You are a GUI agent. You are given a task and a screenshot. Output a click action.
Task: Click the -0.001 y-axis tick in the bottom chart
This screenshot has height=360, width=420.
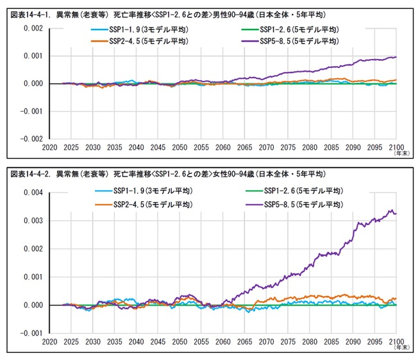31,334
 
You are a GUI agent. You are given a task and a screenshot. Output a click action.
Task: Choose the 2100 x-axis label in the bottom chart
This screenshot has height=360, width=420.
396,341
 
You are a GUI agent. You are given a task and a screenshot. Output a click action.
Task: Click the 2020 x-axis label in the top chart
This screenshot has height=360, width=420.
49,146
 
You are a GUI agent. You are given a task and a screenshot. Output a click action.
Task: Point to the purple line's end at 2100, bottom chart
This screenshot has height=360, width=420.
396,213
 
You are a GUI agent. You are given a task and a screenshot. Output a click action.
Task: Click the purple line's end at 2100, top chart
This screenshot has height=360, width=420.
396,57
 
